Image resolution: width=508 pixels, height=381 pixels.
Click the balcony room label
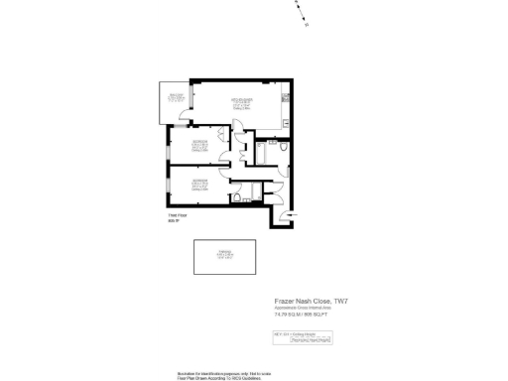click(x=176, y=97)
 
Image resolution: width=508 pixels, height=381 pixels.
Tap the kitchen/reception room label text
click(x=242, y=102)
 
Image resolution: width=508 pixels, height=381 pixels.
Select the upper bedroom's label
click(x=200, y=146)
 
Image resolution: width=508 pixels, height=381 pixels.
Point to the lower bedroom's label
click(x=200, y=183)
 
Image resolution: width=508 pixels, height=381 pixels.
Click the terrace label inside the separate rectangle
click(x=224, y=255)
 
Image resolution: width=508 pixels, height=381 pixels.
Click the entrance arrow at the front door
click(x=286, y=214)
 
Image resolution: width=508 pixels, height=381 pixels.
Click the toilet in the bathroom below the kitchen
click(x=284, y=148)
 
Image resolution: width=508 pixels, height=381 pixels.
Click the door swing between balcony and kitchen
click(x=185, y=116)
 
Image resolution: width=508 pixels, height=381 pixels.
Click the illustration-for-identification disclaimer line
click(x=218, y=371)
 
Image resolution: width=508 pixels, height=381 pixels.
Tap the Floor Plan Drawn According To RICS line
click(x=218, y=376)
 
